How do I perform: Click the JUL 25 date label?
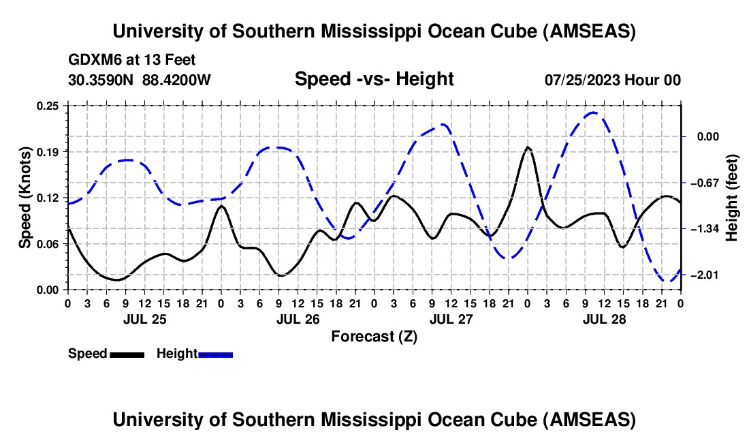[x=144, y=318]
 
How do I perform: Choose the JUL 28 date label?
[x=604, y=318]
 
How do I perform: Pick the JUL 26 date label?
[x=298, y=318]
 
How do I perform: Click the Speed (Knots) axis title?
[x=25, y=197]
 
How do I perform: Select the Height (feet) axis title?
[x=733, y=198]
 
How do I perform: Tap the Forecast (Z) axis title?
[x=374, y=336]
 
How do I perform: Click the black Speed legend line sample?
[x=127, y=354]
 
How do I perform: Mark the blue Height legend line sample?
[x=215, y=354]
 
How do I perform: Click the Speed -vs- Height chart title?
[x=374, y=79]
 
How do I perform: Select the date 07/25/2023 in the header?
[x=583, y=80]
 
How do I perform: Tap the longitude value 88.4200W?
[x=177, y=80]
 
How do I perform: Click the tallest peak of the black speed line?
[x=528, y=147]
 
